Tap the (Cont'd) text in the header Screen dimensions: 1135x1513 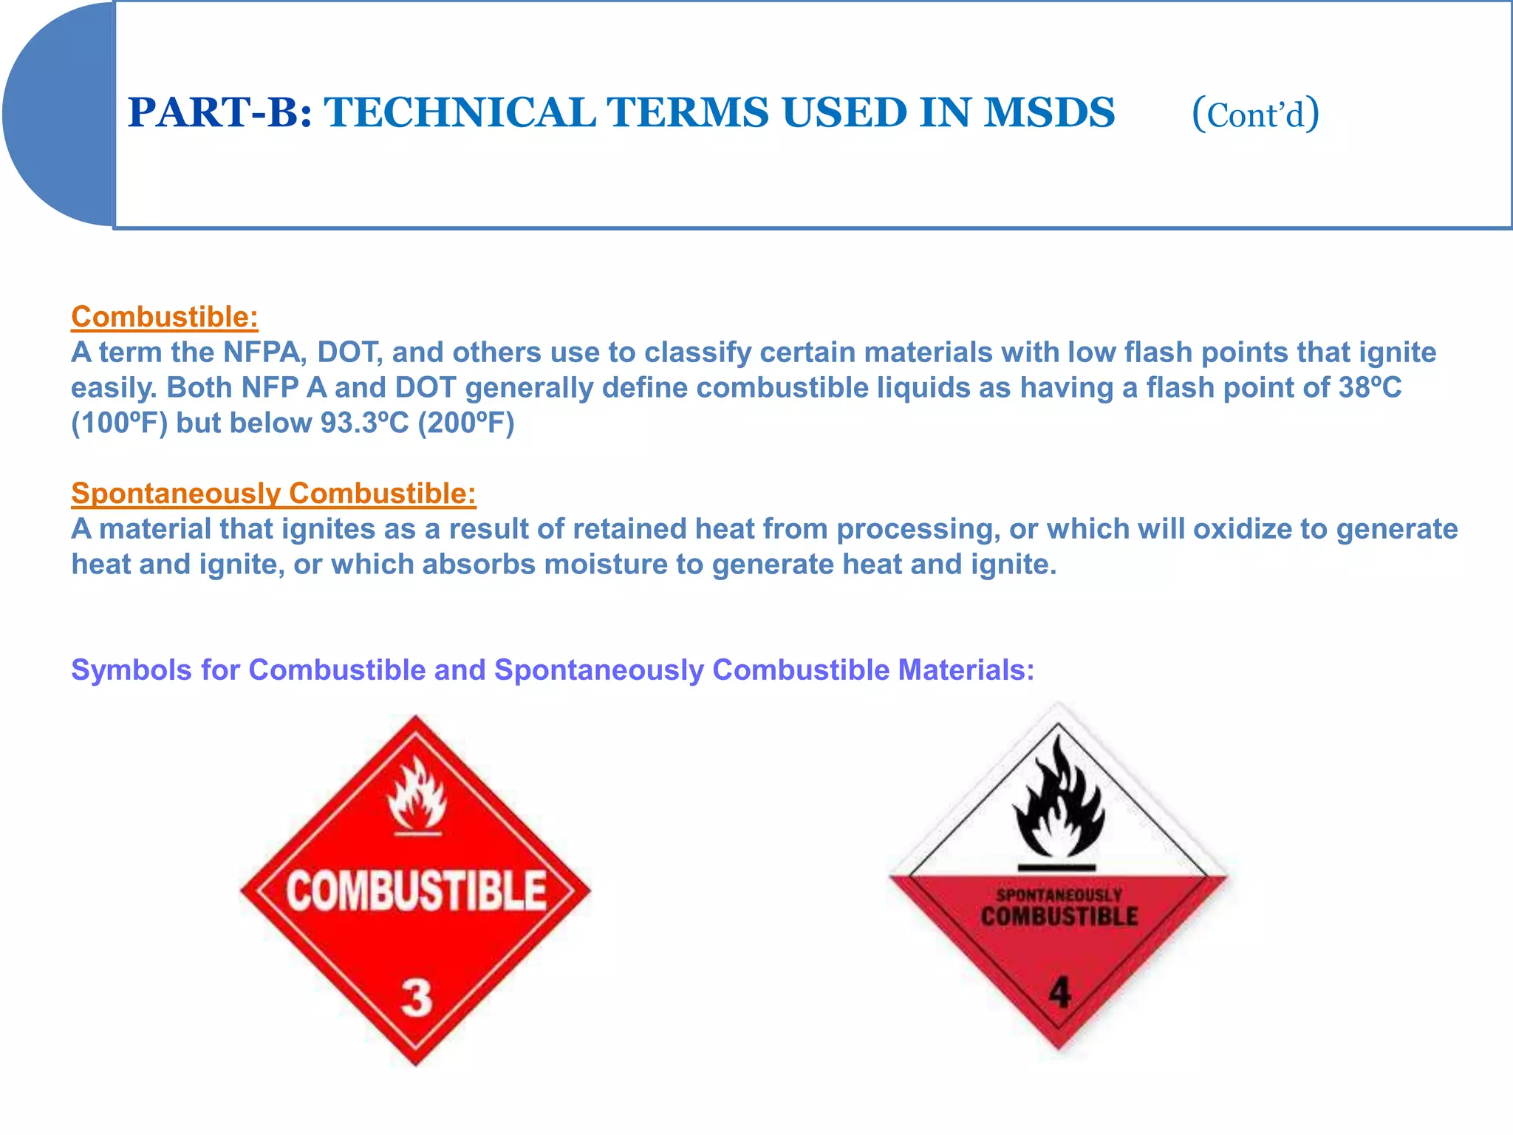[x=1255, y=114]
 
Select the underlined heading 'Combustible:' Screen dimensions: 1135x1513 [x=164, y=316]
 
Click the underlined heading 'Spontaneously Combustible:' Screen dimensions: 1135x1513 [x=273, y=493]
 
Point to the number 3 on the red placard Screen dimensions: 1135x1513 [x=416, y=998]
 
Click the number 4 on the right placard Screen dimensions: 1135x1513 [x=1059, y=992]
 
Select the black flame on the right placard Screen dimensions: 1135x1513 [x=1059, y=802]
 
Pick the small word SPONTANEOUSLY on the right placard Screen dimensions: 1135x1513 [x=1059, y=896]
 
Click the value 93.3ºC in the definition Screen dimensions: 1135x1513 [x=364, y=423]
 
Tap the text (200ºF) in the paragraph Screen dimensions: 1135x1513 [x=465, y=423]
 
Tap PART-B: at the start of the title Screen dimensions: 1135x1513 [x=219, y=112]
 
